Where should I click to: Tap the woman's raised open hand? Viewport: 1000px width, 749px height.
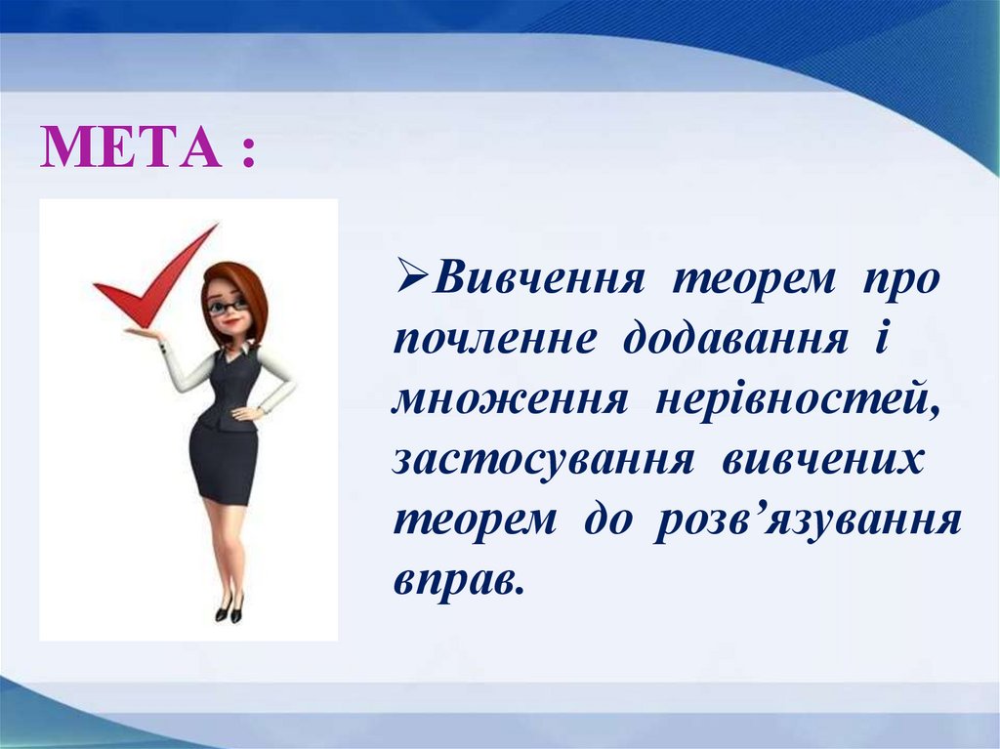(x=145, y=332)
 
